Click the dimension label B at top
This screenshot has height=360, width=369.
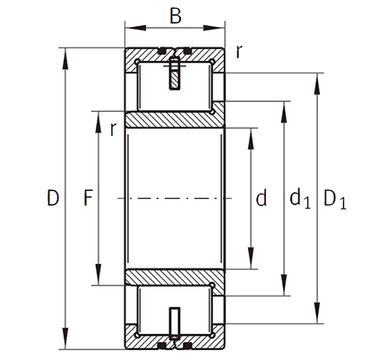tap(176, 16)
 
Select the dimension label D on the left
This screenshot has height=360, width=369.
tap(53, 198)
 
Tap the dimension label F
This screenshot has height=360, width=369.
tap(88, 198)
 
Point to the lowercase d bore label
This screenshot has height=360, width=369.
tap(262, 198)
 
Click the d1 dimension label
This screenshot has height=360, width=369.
tap(300, 199)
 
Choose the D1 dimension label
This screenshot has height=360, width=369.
tap(335, 200)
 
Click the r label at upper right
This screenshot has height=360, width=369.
tap(238, 52)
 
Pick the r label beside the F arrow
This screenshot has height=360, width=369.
tap(113, 129)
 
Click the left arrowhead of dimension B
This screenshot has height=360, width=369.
tap(135, 28)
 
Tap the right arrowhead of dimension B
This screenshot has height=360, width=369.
tap(214, 28)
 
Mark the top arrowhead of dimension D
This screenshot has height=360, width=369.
tap(65, 58)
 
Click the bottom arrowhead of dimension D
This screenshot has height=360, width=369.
tap(65, 339)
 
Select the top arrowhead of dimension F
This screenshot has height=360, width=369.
tap(98, 122)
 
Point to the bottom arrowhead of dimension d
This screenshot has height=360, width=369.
tap(251, 258)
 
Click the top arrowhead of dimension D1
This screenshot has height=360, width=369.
tap(317, 83)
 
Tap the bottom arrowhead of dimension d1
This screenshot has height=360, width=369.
tap(284, 285)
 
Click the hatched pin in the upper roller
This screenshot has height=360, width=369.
tap(175, 73)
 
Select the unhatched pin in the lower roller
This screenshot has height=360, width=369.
tap(175, 323)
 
